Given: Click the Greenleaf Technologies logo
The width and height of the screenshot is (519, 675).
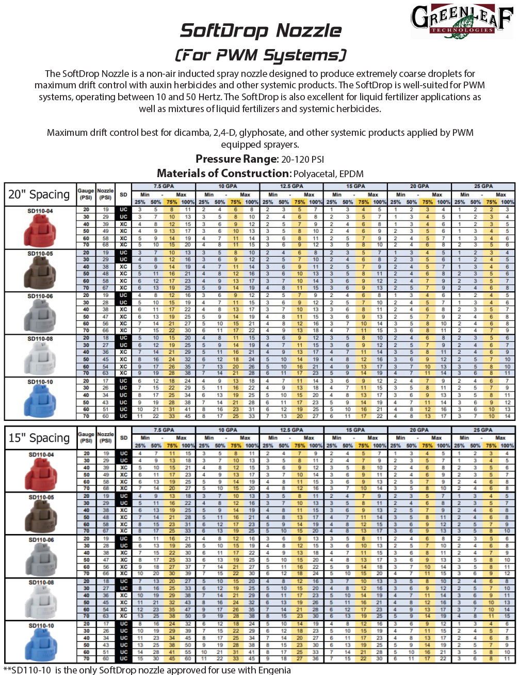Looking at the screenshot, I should coord(461,20).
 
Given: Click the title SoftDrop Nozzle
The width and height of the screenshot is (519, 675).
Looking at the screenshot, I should coord(261,31).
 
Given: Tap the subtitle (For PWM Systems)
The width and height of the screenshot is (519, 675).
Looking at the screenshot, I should coord(261,55).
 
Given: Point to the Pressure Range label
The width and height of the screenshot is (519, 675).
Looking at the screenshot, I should coord(236,159).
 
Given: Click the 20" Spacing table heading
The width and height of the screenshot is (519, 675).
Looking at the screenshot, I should coord(39,195).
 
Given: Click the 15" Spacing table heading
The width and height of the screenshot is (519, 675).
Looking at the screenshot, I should coord(39,438).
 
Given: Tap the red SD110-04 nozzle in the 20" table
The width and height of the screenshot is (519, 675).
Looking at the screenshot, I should coord(40,230).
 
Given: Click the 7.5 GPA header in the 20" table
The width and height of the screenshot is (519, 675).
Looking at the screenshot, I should coord(164,186).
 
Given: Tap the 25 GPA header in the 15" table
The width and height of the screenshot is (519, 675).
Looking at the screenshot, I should coord(483,430).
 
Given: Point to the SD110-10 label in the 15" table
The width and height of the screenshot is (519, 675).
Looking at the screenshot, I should coord(41,625).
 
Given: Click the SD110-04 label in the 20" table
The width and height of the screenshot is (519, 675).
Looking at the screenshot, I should coord(40,211).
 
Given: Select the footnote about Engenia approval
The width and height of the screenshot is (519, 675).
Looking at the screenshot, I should coord(147,670).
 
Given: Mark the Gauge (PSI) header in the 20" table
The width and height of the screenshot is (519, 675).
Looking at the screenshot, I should coord(86,194).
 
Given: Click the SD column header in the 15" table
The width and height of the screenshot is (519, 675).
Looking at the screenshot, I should coord(123,438).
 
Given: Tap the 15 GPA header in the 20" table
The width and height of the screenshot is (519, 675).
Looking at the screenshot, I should coord(355,186).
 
